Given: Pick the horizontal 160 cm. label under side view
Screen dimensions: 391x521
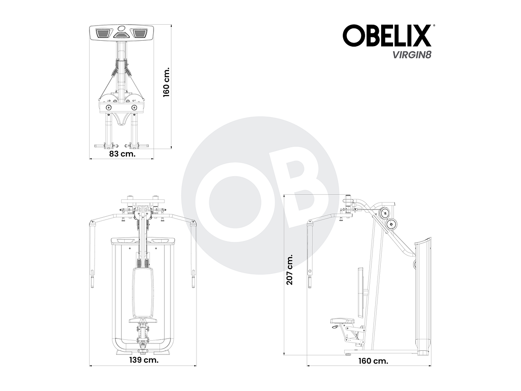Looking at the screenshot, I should coord(373,361).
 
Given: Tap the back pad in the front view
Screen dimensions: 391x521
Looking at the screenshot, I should coord(143,293).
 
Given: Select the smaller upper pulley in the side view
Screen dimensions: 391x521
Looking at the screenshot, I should coord(383,213).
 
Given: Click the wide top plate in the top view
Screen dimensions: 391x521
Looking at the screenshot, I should coord(121,33).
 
